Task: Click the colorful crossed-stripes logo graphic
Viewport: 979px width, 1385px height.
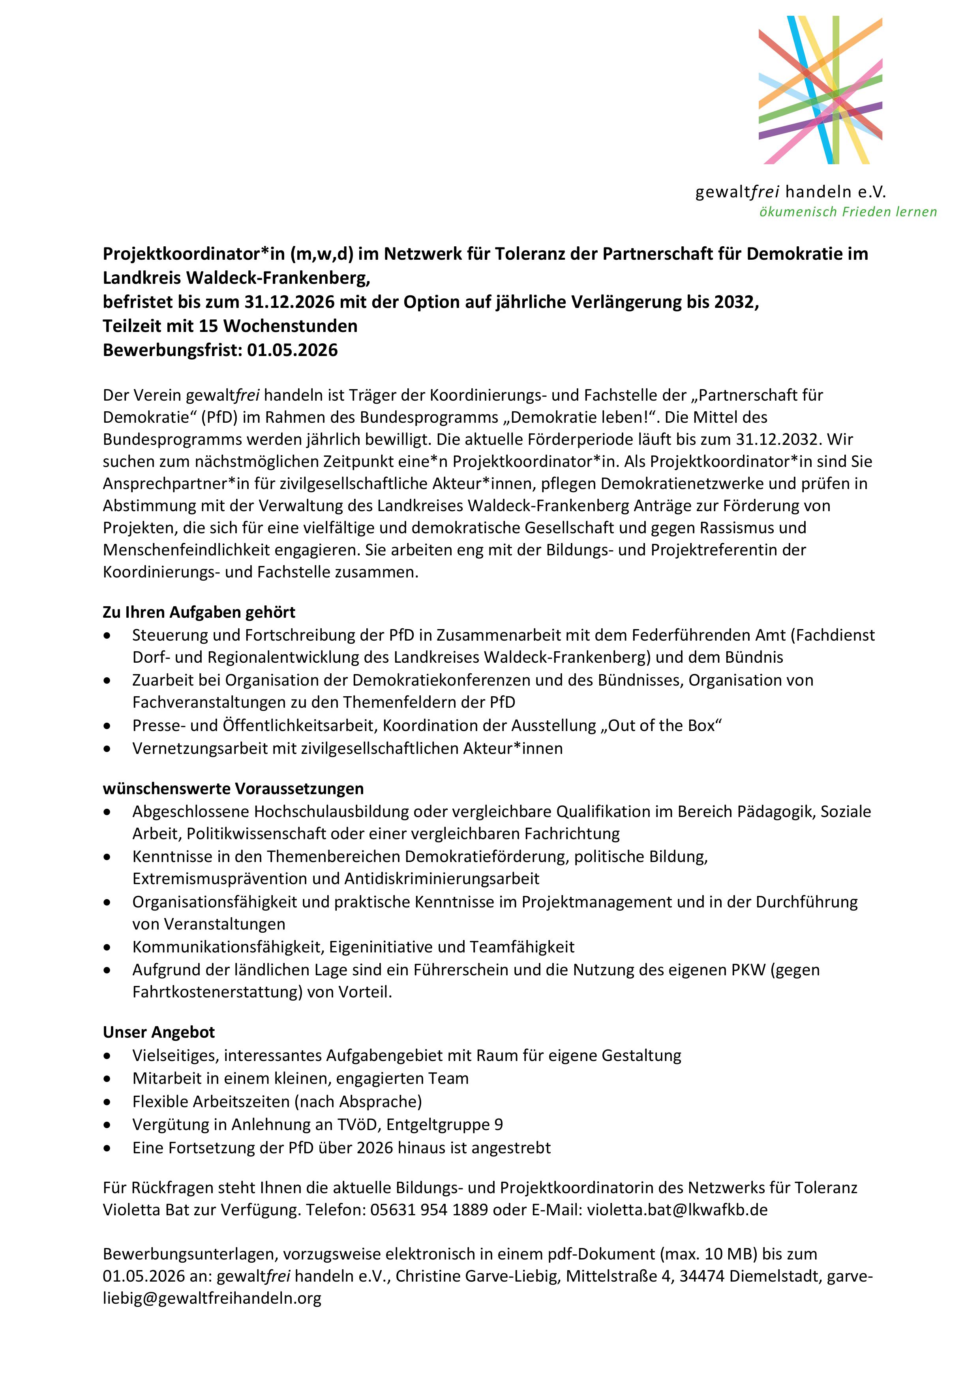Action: point(820,90)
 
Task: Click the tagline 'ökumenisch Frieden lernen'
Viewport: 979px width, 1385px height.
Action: point(848,212)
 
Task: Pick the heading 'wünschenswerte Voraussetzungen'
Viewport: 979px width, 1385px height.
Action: point(233,789)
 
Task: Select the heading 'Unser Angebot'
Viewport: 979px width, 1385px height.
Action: point(159,1032)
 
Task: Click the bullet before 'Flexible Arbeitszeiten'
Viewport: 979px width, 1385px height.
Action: point(107,1102)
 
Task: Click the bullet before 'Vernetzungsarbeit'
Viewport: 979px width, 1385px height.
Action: point(107,749)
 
